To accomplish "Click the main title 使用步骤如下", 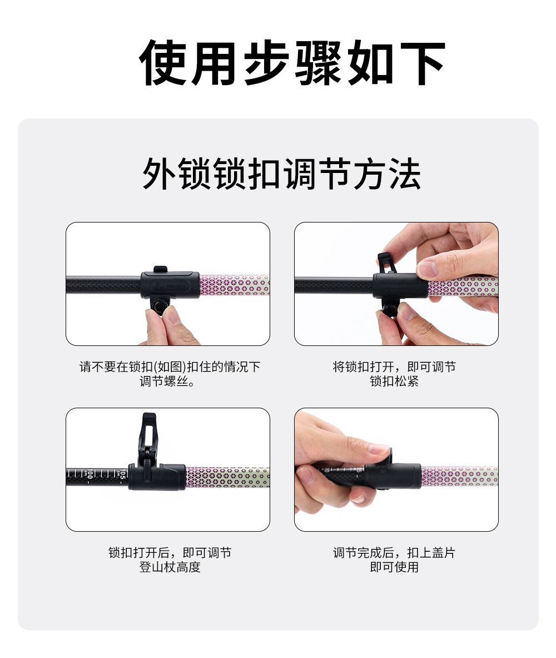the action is click(x=291, y=63).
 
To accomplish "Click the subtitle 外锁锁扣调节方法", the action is click(x=281, y=174).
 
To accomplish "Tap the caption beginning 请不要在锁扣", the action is click(x=170, y=374).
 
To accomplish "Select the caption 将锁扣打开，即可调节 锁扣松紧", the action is click(x=394, y=374).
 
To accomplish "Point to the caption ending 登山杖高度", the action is click(x=170, y=560).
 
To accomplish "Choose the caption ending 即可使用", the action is click(x=394, y=560).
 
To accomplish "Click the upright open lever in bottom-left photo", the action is click(x=148, y=437).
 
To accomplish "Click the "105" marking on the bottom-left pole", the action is click(x=122, y=474).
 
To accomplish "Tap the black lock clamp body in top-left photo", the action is click(x=170, y=285).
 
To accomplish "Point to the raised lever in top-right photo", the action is click(x=386, y=264).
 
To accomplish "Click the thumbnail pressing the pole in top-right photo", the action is click(x=427, y=269).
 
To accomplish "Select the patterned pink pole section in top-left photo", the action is click(x=234, y=285).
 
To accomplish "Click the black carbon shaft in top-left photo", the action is click(x=103, y=284).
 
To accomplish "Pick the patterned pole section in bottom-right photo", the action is click(x=459, y=476).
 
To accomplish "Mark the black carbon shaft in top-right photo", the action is click(x=334, y=285).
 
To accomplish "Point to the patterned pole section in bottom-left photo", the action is click(x=227, y=477).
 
